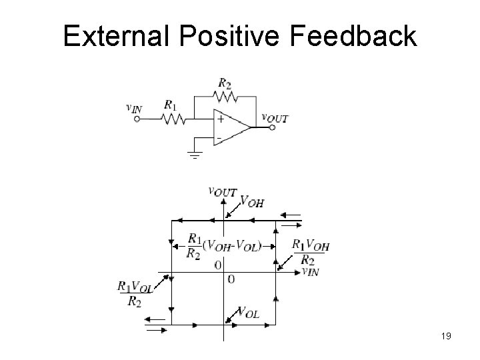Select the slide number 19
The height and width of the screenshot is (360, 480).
tap(446, 337)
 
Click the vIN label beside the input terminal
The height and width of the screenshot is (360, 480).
tap(135, 107)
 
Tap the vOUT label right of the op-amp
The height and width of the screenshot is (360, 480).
tap(275, 117)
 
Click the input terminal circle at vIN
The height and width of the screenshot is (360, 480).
tap(137, 120)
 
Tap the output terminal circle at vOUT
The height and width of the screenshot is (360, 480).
tap(271, 127)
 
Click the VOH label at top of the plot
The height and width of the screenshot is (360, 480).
tap(251, 201)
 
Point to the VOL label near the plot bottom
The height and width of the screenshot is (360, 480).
tap(247, 313)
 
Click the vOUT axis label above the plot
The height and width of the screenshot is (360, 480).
tap(223, 191)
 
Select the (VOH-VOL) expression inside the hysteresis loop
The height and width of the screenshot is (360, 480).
tap(233, 245)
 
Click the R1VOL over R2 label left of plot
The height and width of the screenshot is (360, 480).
tap(135, 293)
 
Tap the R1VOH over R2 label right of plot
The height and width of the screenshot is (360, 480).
tap(311, 251)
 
